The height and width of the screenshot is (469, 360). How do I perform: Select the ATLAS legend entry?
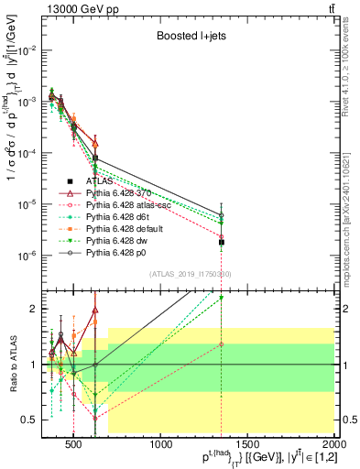tap(120, 181)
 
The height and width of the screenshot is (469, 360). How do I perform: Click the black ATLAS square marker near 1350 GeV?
tap(221, 242)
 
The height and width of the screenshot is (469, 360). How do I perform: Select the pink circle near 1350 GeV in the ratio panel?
tap(221, 344)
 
